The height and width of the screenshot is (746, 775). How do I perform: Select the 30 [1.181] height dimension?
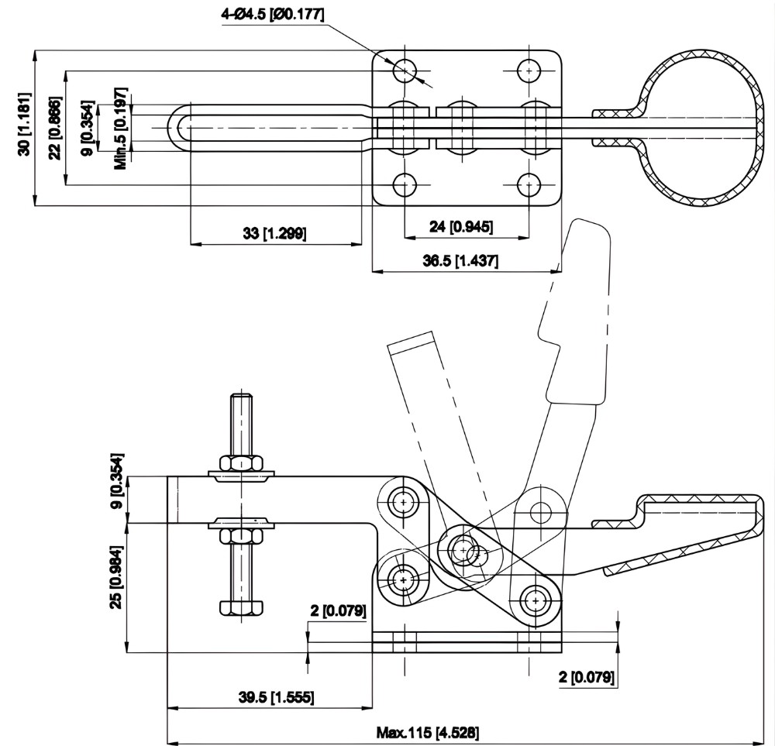(x=25, y=129)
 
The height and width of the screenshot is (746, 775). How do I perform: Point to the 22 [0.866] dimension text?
(x=54, y=129)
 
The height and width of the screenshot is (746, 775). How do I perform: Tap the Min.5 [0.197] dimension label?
(x=120, y=129)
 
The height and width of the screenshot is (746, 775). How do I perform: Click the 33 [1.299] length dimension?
(x=274, y=233)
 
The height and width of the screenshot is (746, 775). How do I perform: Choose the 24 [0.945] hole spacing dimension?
(x=461, y=226)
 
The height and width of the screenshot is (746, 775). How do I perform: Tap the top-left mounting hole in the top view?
(x=405, y=70)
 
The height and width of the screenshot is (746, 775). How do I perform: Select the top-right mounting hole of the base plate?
(x=529, y=70)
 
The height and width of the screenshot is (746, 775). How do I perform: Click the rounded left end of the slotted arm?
(x=177, y=127)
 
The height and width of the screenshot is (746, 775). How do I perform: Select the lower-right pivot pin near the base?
(x=534, y=600)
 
